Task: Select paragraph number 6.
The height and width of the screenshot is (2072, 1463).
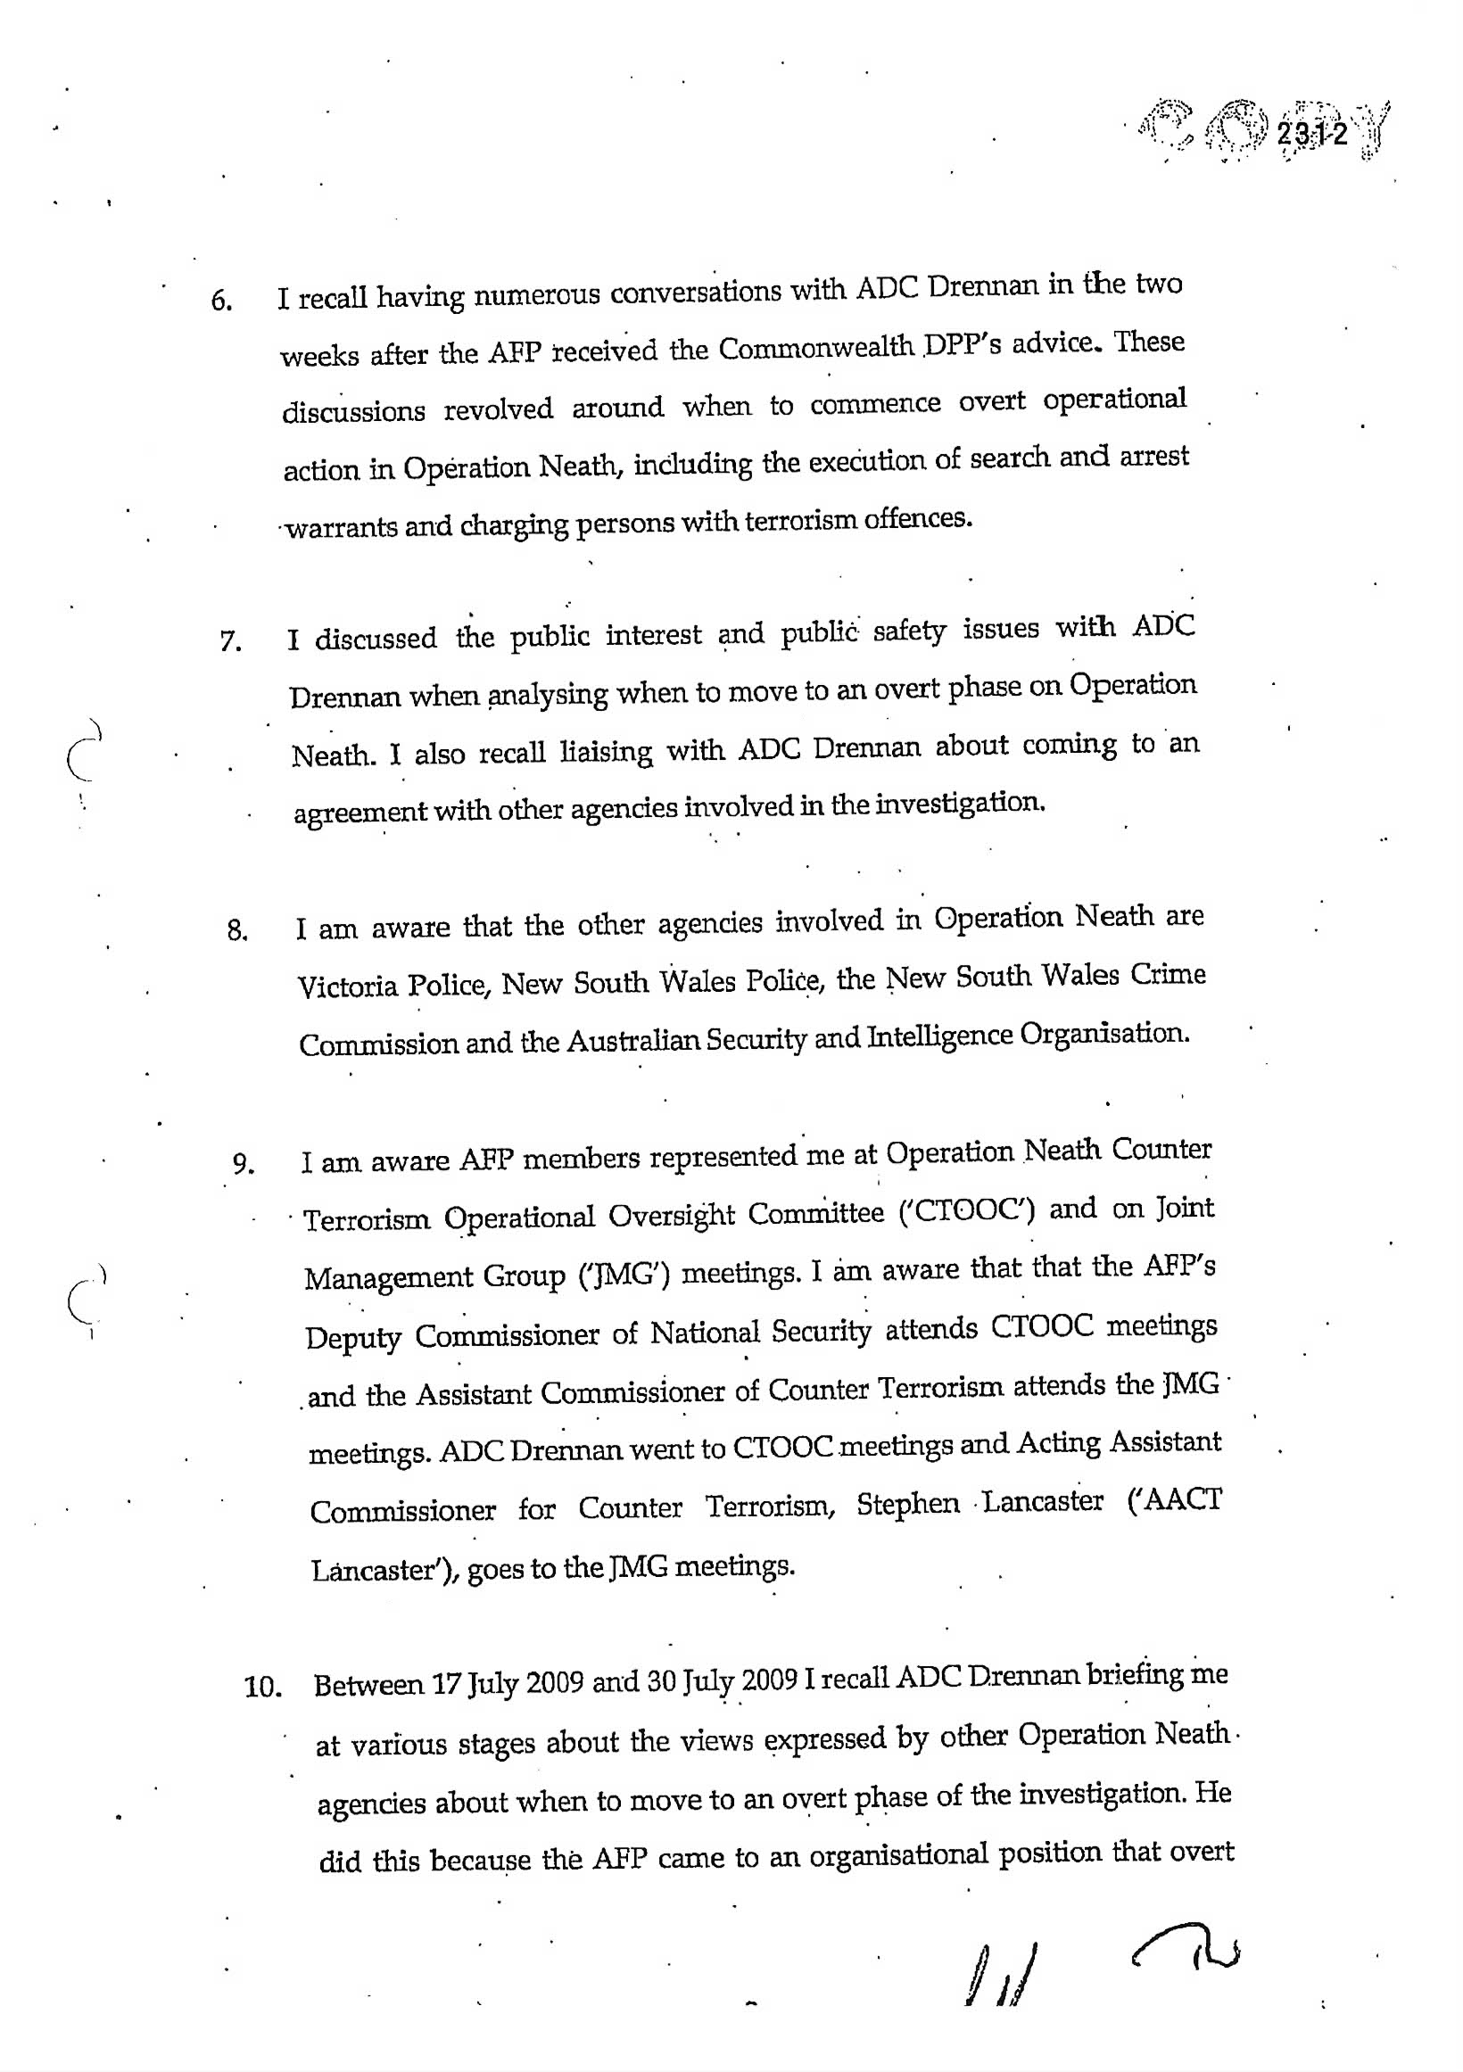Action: click(221, 301)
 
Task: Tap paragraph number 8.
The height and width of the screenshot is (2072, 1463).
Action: click(237, 930)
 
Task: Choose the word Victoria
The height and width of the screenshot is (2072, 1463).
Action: click(348, 986)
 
